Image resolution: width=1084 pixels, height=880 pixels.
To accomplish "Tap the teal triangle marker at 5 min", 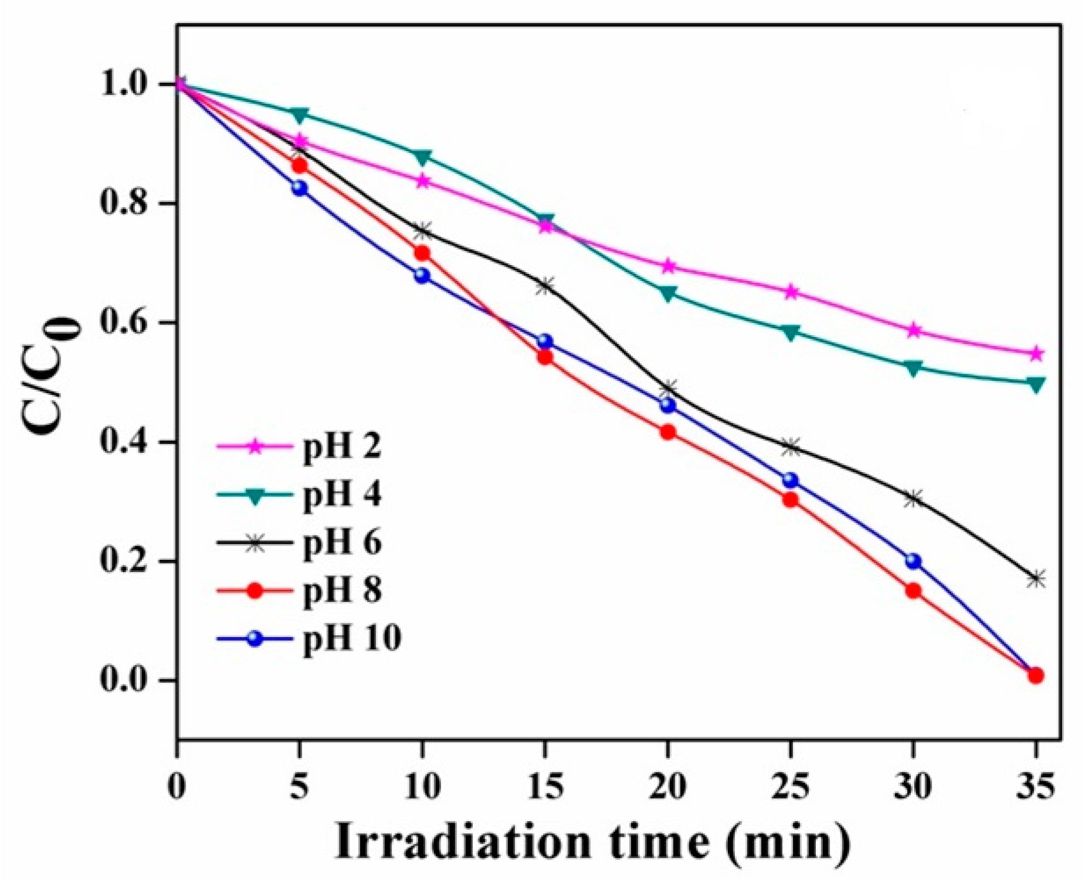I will (300, 115).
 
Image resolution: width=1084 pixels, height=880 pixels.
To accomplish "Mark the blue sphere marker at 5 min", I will (300, 189).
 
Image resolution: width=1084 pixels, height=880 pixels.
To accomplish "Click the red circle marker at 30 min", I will (913, 591).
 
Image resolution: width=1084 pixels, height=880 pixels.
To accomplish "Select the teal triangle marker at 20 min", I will (668, 293).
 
